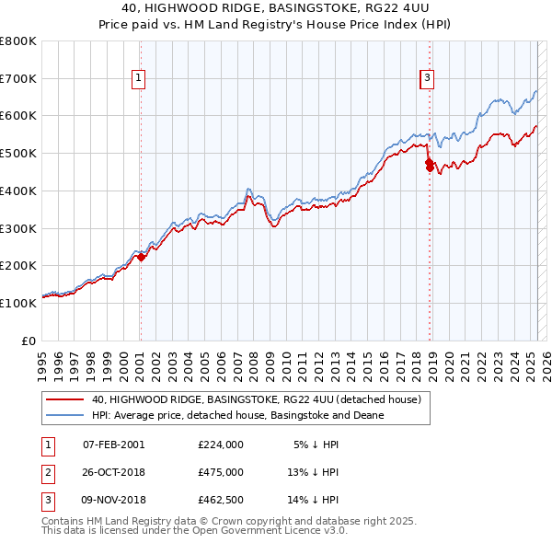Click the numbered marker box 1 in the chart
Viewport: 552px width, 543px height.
[138, 79]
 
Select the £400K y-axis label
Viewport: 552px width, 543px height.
[18, 191]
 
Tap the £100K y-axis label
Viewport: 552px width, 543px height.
[18, 302]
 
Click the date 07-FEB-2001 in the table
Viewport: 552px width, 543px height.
[113, 444]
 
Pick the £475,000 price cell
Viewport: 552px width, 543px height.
[220, 472]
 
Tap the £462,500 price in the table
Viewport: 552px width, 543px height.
[220, 501]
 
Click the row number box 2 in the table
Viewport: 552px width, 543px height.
[47, 472]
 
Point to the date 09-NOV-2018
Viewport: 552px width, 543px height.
[114, 501]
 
